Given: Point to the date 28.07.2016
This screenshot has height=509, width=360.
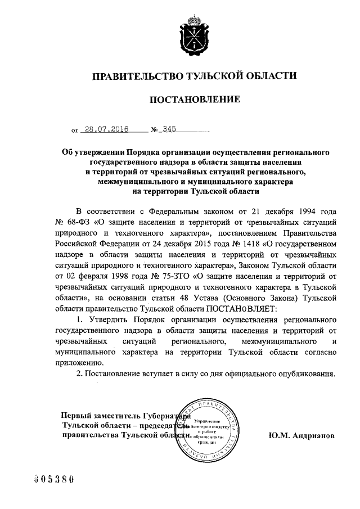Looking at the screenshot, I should (105, 129).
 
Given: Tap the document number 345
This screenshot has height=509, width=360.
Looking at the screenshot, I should (169, 129).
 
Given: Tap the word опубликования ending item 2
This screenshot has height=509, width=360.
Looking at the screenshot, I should (309, 373).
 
